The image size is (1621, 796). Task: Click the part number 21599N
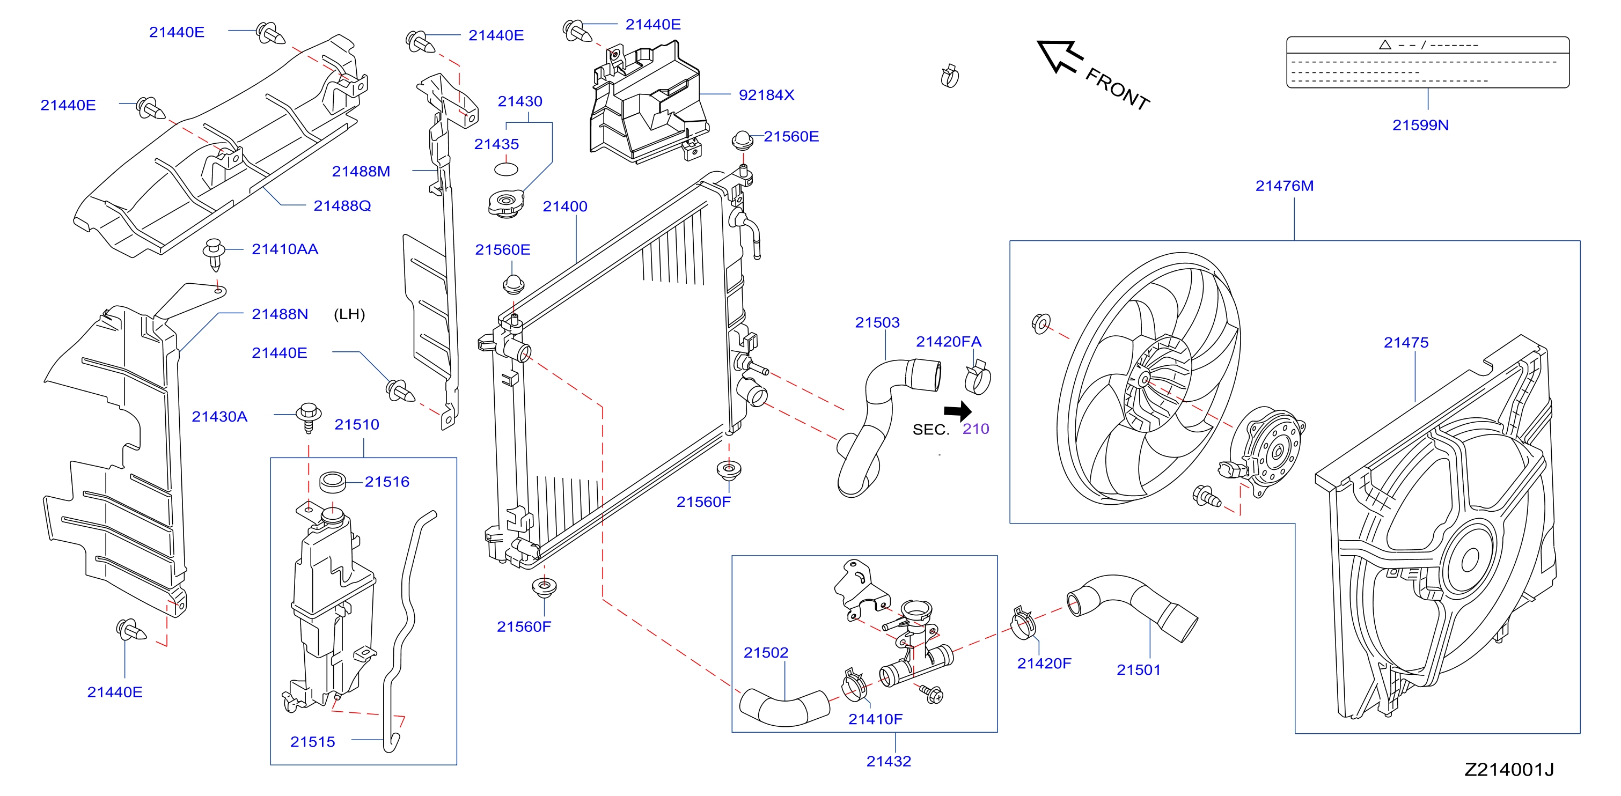pos(1420,125)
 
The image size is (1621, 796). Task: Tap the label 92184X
pos(766,95)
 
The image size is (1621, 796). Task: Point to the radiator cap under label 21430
pos(506,204)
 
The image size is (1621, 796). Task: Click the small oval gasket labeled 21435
pos(506,169)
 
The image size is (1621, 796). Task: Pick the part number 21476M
pos(1285,186)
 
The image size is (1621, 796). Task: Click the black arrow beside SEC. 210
pos(958,411)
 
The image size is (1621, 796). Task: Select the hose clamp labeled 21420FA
pos(977,377)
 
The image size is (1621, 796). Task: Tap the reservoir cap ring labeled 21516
pos(333,482)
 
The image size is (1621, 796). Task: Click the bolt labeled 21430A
pos(309,417)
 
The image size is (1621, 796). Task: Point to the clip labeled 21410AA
pos(214,254)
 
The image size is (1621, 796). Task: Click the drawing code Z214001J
pos(1509,770)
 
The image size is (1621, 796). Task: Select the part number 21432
pos(889,761)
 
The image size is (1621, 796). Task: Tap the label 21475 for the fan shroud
pos(1406,343)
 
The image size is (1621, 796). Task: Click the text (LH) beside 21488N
pos(349,314)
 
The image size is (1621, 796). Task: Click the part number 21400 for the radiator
pos(565,207)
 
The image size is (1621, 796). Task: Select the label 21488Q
pos(342,206)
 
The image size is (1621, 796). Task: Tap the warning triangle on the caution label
pos(1384,45)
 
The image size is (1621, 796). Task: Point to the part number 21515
pos(312,742)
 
